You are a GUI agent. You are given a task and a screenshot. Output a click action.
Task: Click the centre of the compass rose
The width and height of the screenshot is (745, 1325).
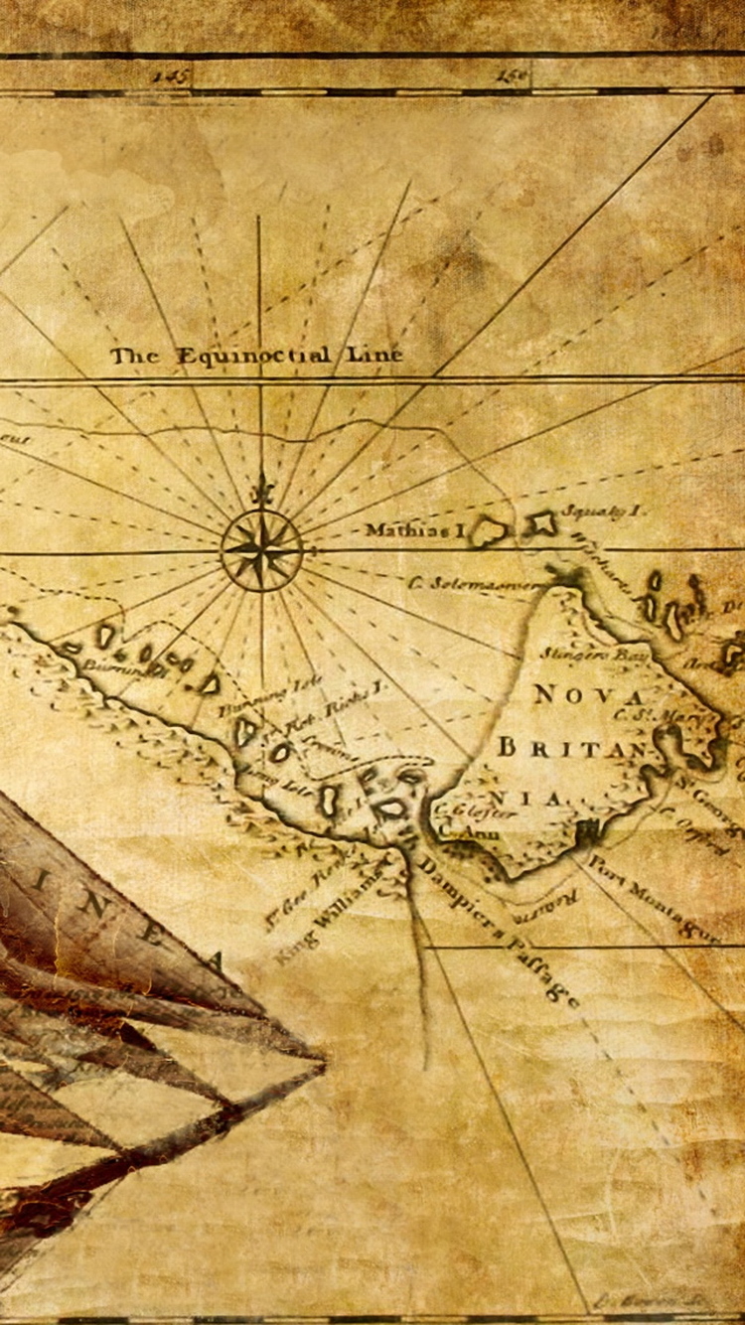[x=261, y=549]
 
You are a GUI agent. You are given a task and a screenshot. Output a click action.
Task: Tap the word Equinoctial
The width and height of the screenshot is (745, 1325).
[x=254, y=356]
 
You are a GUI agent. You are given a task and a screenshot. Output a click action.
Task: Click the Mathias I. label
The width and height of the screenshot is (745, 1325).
[x=414, y=530]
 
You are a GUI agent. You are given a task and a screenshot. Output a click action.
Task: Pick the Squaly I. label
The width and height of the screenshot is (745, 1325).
[x=602, y=511]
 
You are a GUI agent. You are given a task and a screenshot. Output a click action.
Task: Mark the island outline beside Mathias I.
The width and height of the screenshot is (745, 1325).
[x=489, y=532]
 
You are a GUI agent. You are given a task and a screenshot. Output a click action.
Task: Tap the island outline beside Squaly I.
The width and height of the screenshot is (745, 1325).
[x=540, y=524]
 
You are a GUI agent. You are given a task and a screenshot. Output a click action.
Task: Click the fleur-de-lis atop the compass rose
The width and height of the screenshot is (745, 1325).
[x=261, y=490]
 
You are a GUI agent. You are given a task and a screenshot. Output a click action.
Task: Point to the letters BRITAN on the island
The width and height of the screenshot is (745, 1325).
[x=572, y=747]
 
